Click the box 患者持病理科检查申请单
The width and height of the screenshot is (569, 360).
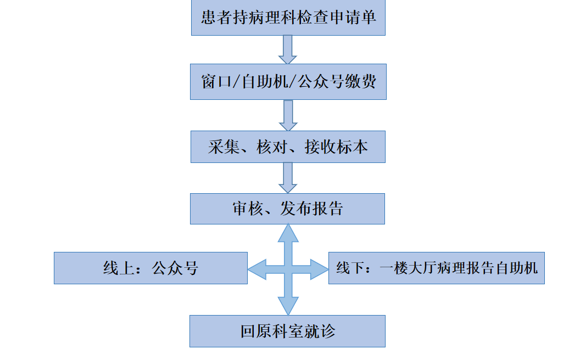click(288, 19)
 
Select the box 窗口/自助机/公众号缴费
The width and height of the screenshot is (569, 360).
click(288, 82)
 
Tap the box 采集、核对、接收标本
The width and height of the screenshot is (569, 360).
click(288, 147)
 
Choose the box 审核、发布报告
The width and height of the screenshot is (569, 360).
click(288, 209)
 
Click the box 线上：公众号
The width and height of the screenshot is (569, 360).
click(150, 268)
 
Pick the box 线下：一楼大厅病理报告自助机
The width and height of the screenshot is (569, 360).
click(436, 268)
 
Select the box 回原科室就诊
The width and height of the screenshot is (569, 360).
click(288, 331)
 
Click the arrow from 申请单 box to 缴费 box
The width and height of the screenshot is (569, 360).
click(287, 50)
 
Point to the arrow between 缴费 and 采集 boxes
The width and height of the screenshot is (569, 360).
click(287, 115)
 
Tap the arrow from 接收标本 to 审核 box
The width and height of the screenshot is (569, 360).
click(287, 177)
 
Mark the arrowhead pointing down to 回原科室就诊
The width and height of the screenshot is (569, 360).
click(288, 306)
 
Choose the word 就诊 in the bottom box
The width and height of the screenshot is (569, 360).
click(323, 331)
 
